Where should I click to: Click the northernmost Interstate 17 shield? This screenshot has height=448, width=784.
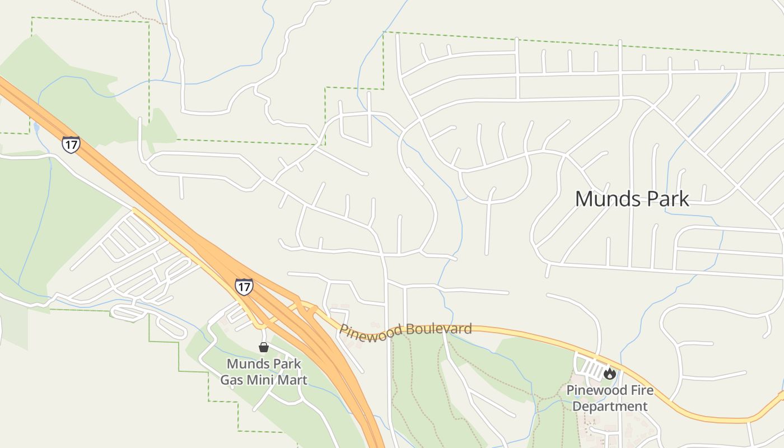[x=71, y=144]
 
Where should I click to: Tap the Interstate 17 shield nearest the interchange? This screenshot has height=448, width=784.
[x=244, y=287]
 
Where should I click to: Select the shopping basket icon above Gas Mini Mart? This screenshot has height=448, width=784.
[x=263, y=347]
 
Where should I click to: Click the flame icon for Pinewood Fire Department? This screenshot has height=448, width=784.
[x=609, y=373]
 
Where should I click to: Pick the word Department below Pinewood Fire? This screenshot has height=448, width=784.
[x=610, y=406]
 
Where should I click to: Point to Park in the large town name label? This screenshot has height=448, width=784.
[x=666, y=199]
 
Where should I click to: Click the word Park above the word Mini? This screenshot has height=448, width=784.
[x=286, y=364]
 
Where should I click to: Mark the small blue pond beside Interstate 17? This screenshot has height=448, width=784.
[x=36, y=127]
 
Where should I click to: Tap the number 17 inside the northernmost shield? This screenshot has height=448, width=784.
[x=71, y=144]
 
